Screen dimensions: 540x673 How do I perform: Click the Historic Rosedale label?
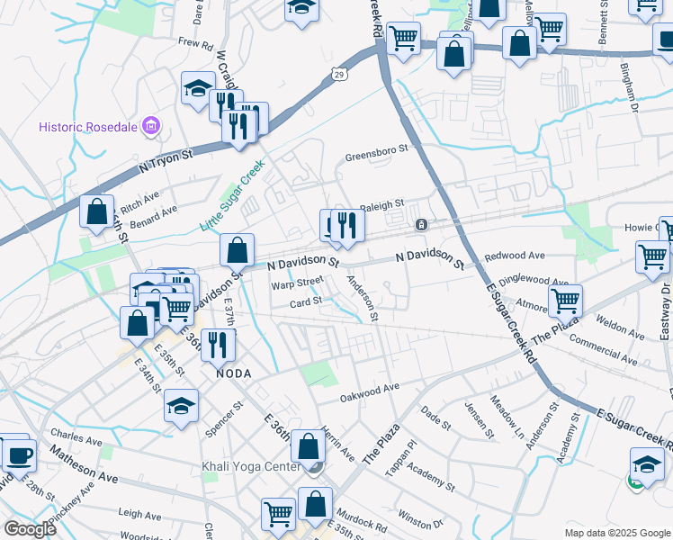pyautogui.click(x=88, y=127)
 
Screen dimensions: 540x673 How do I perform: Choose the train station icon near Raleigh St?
pyautogui.click(x=420, y=223)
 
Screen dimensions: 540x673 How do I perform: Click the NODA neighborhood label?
pyautogui.click(x=232, y=373)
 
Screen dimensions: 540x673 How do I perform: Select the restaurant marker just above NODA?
pyautogui.click(x=217, y=344)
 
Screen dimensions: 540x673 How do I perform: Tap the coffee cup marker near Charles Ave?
pyautogui.click(x=18, y=454)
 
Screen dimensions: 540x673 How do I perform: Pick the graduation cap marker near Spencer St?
pyautogui.click(x=181, y=405)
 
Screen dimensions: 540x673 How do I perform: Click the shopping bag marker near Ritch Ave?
pyautogui.click(x=96, y=211)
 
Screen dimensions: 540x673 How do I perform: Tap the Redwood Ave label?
pyautogui.click(x=515, y=256)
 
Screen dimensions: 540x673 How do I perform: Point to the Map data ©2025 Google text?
pyautogui.click(x=616, y=533)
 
